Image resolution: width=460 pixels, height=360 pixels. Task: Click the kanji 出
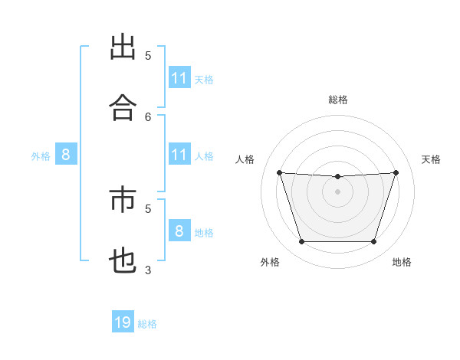[x=123, y=47]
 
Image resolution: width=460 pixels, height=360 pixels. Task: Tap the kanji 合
[x=123, y=108]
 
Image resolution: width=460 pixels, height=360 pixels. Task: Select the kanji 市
[x=123, y=201]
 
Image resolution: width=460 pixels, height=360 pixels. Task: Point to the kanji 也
[x=123, y=261]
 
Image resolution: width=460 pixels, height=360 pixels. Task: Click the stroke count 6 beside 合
[x=148, y=116]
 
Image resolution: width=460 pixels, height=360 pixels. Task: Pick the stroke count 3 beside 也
[x=148, y=270]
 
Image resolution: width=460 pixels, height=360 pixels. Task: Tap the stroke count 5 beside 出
[x=148, y=55]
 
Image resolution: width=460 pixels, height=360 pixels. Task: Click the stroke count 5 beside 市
[x=148, y=208]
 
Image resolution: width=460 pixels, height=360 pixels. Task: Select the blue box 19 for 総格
[x=123, y=322]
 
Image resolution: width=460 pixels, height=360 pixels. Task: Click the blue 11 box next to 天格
[x=179, y=78]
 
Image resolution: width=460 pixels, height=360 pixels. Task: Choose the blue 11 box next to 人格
[x=179, y=155]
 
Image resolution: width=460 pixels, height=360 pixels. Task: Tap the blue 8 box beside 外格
[x=66, y=155]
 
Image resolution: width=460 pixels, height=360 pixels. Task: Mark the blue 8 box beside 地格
[x=179, y=231]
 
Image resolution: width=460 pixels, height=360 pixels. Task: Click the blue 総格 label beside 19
[x=147, y=324]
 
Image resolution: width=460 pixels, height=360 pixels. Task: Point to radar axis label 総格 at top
[x=338, y=100]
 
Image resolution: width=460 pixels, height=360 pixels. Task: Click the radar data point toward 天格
[x=396, y=172]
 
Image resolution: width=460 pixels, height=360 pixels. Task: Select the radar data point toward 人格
[x=280, y=172]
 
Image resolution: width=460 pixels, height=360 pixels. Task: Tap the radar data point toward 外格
[x=302, y=242]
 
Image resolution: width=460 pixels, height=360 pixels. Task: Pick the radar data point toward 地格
[x=373, y=242]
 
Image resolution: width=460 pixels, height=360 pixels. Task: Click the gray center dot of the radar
[x=338, y=191]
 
